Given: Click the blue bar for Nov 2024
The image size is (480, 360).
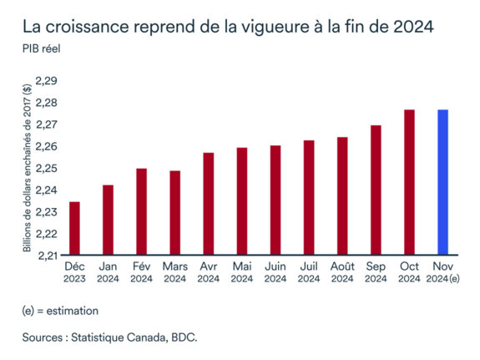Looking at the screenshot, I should pos(443,182).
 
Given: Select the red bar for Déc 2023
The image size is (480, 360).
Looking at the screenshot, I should pos(74,228).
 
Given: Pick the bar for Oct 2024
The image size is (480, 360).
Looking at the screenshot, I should pos(409,182).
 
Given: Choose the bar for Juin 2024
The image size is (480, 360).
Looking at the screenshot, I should pos(275,200).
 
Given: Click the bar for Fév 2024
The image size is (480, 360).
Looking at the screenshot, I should pos(141,211).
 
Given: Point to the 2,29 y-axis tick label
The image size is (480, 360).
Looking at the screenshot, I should pos(47,81).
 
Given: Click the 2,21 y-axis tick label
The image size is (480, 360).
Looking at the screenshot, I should pos(47,256).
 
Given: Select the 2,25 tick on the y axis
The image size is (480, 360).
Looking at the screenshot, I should pos(47,168).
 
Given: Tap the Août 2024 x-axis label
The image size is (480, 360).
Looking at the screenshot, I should pos(342,271).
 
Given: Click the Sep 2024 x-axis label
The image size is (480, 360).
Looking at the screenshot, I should pos(376,271).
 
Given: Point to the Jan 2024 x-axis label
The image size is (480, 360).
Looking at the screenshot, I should pos(108,271).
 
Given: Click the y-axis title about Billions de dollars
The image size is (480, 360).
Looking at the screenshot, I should pos(28,167).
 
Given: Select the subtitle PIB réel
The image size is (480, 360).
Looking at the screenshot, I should pos(41,47).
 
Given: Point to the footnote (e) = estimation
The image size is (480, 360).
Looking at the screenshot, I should pos(60,311).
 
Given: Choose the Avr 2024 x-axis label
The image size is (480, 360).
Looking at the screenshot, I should pos(208,271).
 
